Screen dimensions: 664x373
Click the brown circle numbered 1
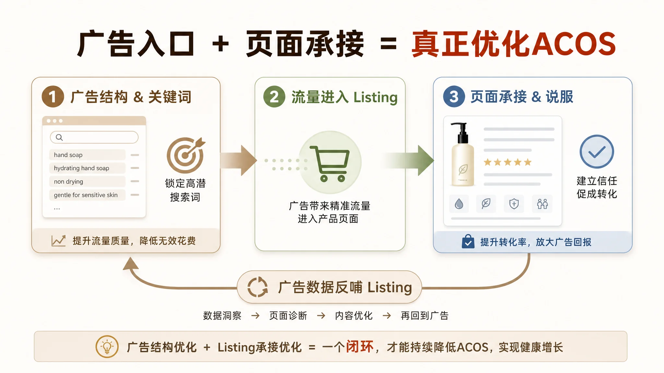pos(53,96)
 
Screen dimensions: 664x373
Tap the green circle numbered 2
pos(274,96)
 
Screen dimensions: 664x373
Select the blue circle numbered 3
pos(454,96)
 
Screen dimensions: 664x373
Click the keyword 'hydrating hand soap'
pos(81,168)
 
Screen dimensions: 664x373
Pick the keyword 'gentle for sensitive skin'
pos(86,195)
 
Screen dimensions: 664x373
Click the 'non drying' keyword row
pos(88,181)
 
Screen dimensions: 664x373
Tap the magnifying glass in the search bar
pos(59,137)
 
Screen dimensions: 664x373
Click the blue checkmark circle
pos(597,152)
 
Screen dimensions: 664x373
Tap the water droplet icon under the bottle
pos(459,204)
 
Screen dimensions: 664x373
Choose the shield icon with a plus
pos(514,204)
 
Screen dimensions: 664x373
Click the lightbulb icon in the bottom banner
pos(107,346)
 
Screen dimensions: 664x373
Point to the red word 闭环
pos(360,347)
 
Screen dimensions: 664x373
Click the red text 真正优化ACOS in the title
pos(514,44)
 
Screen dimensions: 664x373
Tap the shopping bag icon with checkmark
pos(468,242)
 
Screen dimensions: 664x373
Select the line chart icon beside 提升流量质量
pos(59,241)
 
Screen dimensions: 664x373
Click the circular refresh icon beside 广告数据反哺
pos(258,287)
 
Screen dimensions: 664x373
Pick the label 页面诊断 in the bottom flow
pos(288,315)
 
